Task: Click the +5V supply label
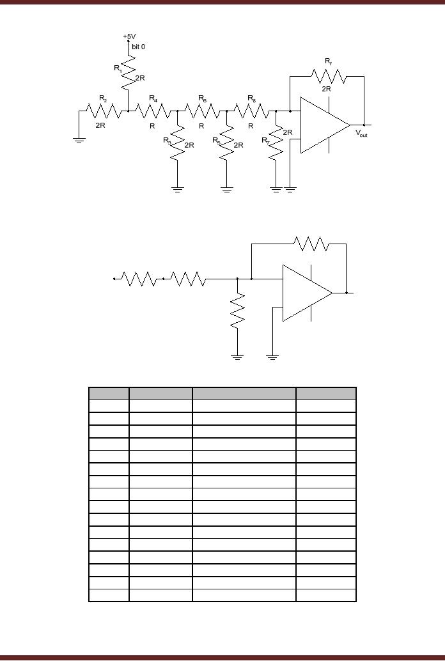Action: [x=129, y=36]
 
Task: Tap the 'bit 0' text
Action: [x=138, y=47]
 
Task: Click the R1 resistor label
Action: [x=118, y=68]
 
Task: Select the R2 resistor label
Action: [x=104, y=98]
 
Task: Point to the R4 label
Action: [x=153, y=98]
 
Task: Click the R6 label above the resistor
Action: [x=203, y=98]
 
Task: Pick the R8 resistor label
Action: [x=252, y=98]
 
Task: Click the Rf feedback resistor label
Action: [x=328, y=61]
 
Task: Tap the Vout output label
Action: [x=361, y=134]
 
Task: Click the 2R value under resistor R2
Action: [x=100, y=125]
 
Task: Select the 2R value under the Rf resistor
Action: [x=327, y=89]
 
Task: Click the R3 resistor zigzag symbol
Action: [x=178, y=141]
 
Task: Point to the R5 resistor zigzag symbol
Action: [x=227, y=141]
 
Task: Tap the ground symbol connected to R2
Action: [x=79, y=139]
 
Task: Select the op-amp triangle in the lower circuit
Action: [x=305, y=293]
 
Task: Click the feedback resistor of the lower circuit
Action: [x=311, y=244]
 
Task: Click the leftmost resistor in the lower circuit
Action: [x=139, y=279]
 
